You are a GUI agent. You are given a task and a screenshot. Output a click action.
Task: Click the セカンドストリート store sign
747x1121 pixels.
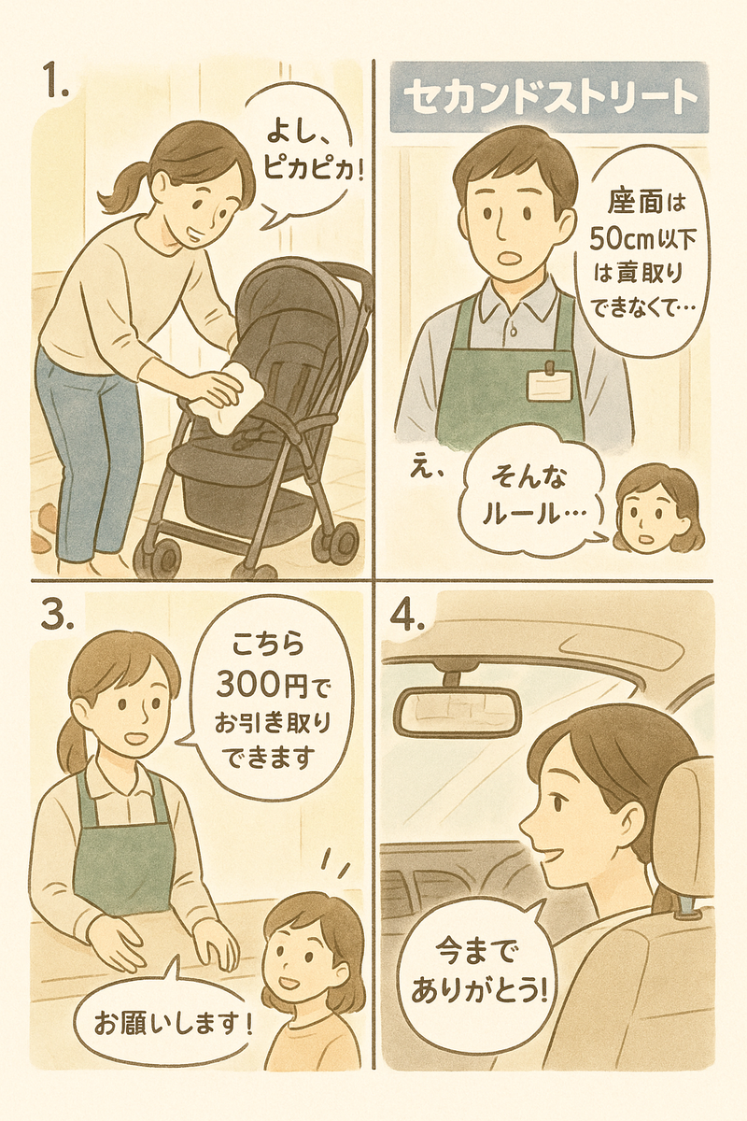(x=549, y=97)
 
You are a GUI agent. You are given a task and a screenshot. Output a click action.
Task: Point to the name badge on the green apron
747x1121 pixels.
(x=549, y=383)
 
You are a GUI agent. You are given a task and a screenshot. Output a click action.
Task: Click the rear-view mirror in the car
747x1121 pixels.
(x=458, y=712)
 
